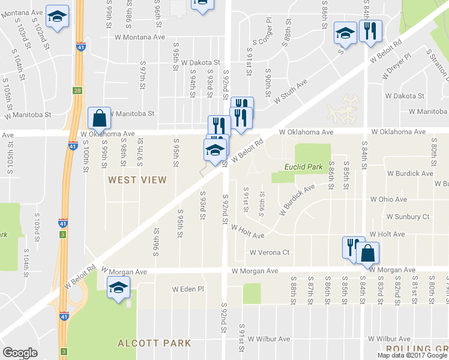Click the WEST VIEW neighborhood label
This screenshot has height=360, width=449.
click(137, 179)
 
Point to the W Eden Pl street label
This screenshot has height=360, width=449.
click(188, 289)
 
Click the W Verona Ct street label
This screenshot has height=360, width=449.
click(270, 253)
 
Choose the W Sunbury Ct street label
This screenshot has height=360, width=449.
click(408, 217)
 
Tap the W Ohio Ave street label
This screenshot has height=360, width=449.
click(391, 199)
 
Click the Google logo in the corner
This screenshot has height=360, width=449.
click(20, 353)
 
